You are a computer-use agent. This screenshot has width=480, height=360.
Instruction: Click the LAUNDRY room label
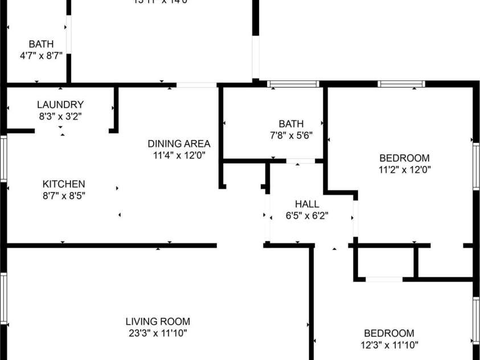pos(60,105)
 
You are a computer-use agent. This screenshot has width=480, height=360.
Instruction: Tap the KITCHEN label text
pos(64,184)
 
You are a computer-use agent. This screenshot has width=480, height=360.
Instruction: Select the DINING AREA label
pos(179,144)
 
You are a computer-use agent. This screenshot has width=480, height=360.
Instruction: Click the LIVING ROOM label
pos(158,322)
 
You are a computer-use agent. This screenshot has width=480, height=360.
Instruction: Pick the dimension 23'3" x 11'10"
pos(158,333)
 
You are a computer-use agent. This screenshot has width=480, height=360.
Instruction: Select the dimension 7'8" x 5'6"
pos(291,136)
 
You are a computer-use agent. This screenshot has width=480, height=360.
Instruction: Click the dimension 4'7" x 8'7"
pos(41,56)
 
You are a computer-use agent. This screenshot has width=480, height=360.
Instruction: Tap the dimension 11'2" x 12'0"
pos(405,170)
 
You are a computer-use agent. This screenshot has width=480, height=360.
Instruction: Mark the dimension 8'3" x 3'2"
pos(60,116)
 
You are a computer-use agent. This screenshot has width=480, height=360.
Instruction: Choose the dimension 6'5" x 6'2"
pos(307,216)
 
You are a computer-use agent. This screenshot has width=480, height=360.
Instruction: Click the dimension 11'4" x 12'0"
pos(179,155)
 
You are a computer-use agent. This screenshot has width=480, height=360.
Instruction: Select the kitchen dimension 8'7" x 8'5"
pos(64,195)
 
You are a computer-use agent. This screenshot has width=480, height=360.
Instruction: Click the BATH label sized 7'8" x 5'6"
pos(291,124)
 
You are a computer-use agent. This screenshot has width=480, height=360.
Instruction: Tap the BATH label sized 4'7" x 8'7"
pos(41,44)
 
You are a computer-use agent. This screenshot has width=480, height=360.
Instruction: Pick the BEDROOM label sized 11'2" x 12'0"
pos(405,158)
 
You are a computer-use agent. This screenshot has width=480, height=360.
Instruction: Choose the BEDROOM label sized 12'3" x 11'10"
pos(389,333)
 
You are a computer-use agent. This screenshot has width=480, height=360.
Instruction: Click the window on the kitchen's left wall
pos(3,159)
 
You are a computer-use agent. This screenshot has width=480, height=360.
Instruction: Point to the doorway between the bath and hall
pos(301,162)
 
